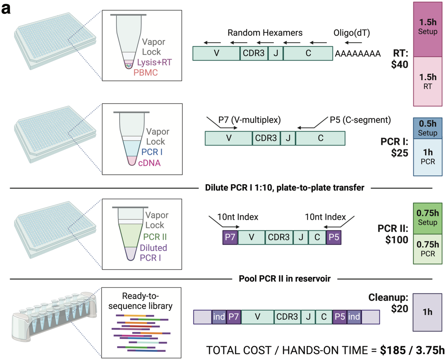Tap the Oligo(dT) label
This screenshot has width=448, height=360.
[x=351, y=33]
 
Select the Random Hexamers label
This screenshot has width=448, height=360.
[x=265, y=33]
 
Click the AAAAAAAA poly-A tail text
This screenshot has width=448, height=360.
[x=358, y=54]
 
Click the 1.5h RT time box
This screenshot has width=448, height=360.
[x=428, y=81]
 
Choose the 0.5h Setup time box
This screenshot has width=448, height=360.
[x=428, y=128]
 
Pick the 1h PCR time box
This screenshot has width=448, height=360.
[x=428, y=157]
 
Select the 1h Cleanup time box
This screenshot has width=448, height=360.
[x=428, y=312]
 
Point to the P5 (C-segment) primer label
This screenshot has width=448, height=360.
[x=360, y=120]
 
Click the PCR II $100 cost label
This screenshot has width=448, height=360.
[x=393, y=235]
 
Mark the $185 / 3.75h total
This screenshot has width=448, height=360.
[x=412, y=350]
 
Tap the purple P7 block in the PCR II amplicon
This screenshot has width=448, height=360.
[x=230, y=237]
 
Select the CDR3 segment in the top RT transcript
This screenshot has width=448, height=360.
[x=254, y=53]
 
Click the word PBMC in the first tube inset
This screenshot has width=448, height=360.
[x=145, y=72]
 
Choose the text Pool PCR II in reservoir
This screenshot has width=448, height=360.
[x=284, y=279]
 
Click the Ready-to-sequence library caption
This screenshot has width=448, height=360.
[x=140, y=301]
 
